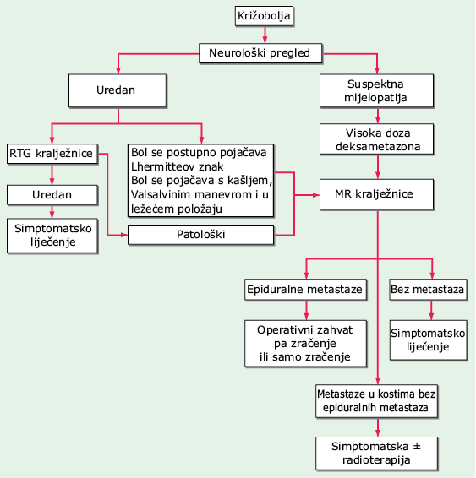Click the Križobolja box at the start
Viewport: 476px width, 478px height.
coord(265,16)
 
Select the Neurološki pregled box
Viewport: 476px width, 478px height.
coord(260,53)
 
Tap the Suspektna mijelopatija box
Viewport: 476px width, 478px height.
coord(376,91)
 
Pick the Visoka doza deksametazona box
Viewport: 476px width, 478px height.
coord(376,139)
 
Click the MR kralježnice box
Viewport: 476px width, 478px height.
coord(376,194)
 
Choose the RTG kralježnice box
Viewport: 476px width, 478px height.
coord(52,154)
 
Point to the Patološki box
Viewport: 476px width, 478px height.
coord(200,235)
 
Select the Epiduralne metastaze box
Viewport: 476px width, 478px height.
coord(305,290)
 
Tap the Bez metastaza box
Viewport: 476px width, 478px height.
coord(429,290)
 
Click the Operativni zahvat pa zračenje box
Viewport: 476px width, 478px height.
coord(305,343)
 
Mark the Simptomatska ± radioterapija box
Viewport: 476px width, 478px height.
coord(376,454)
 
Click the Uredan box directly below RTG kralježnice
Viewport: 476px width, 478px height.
coord(52,195)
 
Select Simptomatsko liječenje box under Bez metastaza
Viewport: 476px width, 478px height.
coord(429,339)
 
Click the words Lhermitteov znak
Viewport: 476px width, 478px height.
coord(177,167)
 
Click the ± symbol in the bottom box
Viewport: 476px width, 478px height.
coord(417,447)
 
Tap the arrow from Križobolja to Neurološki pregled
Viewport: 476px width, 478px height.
coord(265,35)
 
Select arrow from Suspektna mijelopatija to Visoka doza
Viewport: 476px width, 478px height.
coord(378,116)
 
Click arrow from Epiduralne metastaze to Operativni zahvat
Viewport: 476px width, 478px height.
coord(306,311)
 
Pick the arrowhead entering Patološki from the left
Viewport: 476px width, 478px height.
coord(123,235)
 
